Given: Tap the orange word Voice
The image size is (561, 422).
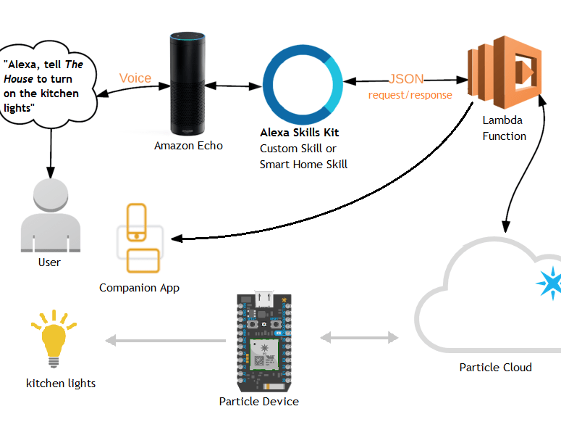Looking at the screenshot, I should point(135,78).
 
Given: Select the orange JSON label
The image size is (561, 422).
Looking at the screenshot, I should point(406,79).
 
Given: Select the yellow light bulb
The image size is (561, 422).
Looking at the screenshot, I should point(53,341).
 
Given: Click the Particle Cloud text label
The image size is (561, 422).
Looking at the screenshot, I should point(495,367).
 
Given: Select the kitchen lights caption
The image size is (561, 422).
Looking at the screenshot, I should point(61,383).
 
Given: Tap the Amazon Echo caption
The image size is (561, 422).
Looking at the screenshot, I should point(188,146).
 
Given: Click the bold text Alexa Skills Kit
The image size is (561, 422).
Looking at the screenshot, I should point(299,133).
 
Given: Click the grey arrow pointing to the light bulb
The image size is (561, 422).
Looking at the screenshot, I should point(166,340).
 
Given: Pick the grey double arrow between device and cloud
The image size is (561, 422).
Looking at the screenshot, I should point(360,337).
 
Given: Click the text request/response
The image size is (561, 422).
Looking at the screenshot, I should point(410,95).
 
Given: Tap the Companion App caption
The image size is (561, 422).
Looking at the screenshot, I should point(139,288).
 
